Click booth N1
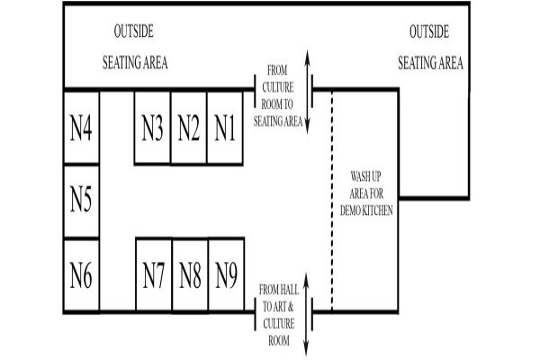tap(225, 128)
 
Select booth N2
tap(189, 128)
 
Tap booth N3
tap(153, 128)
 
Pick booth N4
tap(81, 127)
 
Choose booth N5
tap(81, 202)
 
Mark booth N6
tap(81, 275)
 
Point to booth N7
tap(154, 274)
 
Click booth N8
tap(191, 274)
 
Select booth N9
tap(227, 274)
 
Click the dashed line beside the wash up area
tap(332, 202)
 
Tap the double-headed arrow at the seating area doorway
tap(308, 92)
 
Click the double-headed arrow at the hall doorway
tap(306, 314)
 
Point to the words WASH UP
tap(365, 176)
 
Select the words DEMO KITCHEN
tap(366, 211)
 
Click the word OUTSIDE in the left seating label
tap(134, 31)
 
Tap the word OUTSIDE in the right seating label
tap(429, 31)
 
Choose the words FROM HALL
tap(279, 290)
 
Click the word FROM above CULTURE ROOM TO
tap(277, 70)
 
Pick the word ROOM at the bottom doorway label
tap(279, 341)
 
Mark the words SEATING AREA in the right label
tap(430, 63)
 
